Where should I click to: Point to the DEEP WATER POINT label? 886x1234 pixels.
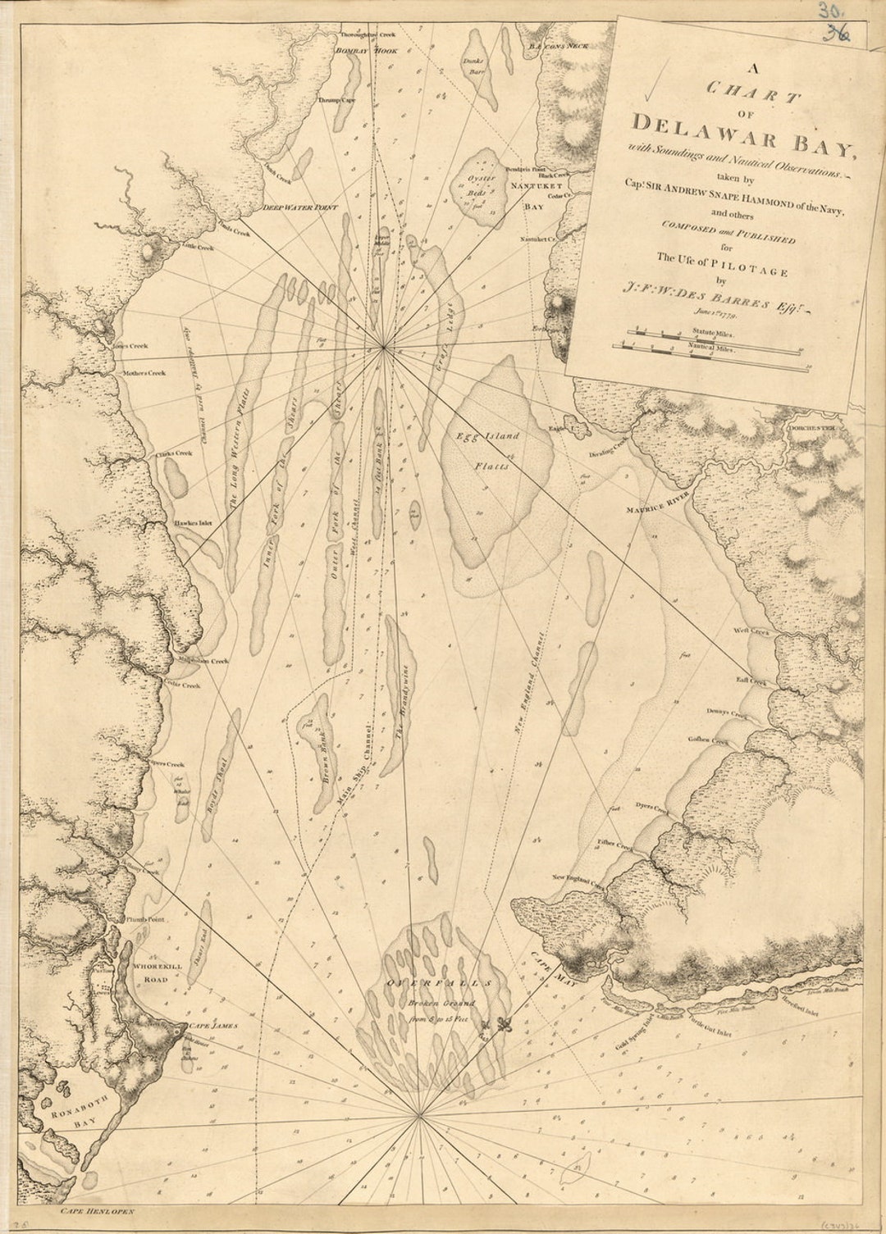pos(300,208)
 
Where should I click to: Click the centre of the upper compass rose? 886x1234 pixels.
pos(384,348)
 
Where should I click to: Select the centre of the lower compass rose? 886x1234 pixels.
pos(419,1114)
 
